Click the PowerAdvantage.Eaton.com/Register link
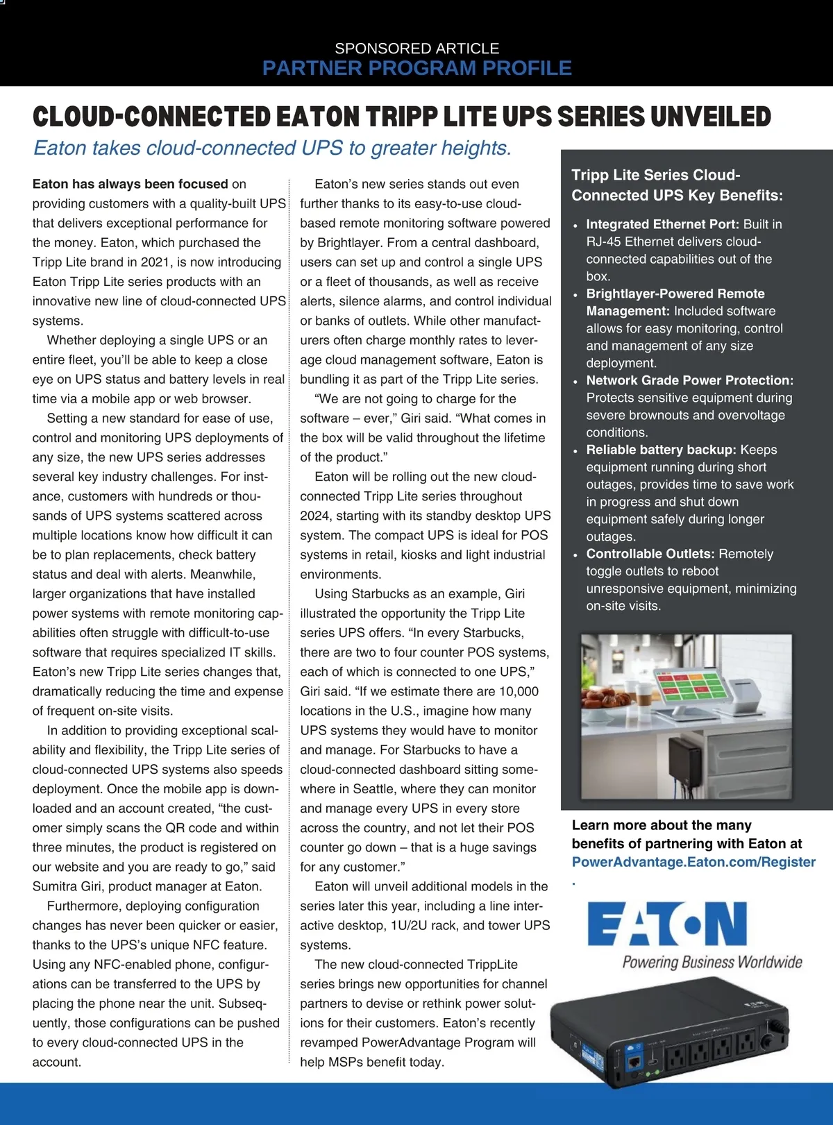point(693,862)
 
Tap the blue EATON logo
point(666,924)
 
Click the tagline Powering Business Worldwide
point(712,962)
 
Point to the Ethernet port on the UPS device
point(634,1061)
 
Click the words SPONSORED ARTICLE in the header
point(416,49)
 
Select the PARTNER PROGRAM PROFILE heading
point(416,68)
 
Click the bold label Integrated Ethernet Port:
point(662,224)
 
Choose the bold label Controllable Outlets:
point(650,554)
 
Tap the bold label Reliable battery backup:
point(661,450)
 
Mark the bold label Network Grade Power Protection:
point(689,380)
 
